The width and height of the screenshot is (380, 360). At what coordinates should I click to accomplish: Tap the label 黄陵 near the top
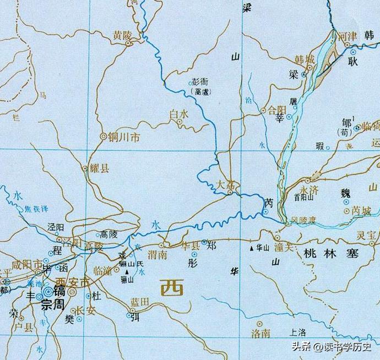(x=122, y=34)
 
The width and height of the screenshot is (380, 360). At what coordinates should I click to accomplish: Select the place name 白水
(x=179, y=113)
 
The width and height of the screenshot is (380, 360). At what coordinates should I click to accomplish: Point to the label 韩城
(x=305, y=58)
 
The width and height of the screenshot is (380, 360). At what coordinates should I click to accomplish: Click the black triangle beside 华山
(x=252, y=248)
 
